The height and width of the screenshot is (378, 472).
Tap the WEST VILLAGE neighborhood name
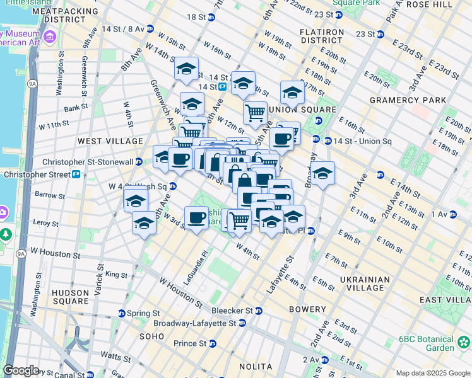click(101, 142)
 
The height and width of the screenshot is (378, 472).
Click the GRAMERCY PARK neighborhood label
click(408, 100)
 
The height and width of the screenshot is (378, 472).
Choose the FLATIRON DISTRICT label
click(322, 37)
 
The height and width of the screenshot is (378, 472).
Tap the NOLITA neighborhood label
click(256, 367)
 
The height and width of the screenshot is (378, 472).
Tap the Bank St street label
click(76, 108)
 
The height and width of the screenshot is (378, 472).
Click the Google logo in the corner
click(21, 370)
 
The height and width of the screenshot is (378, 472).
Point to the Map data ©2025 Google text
click(433, 373)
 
